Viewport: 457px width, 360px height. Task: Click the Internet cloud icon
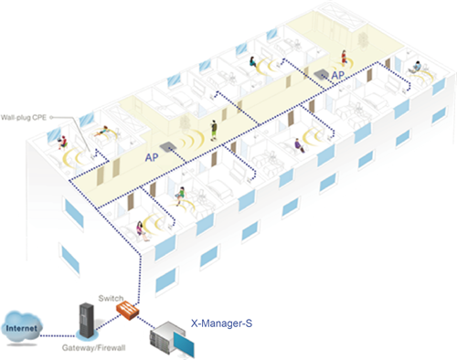[x=21, y=328]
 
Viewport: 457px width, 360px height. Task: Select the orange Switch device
[x=127, y=311]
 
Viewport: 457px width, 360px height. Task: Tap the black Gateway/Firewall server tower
[x=87, y=321]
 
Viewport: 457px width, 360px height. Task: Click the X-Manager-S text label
[x=221, y=323]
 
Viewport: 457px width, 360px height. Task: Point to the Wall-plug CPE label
[x=24, y=117]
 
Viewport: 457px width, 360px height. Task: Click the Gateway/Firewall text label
[x=93, y=348]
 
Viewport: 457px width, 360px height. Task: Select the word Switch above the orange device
[x=111, y=298]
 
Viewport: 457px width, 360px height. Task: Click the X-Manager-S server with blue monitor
[x=172, y=339]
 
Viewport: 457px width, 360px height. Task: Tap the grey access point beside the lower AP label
[x=167, y=147]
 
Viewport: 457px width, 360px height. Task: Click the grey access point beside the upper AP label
[x=321, y=74]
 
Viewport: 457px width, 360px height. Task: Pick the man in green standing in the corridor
[x=215, y=130]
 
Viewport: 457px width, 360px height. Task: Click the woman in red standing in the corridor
[x=344, y=58]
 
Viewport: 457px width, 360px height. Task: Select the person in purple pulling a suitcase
[x=299, y=145]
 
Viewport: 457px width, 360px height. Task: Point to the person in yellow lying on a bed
[x=101, y=132]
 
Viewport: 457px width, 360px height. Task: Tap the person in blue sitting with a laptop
[x=416, y=67]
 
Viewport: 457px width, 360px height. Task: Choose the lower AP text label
[x=152, y=157]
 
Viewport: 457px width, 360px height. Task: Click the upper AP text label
[x=338, y=75]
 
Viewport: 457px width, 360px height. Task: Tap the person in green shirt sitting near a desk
[x=180, y=196]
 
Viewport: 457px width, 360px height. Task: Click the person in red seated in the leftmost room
[x=62, y=143]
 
